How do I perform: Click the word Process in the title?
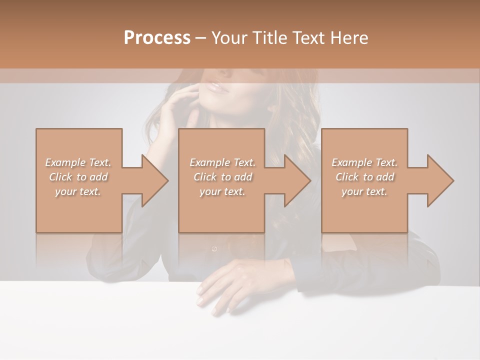[157, 38]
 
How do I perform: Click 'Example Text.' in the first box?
[78, 162]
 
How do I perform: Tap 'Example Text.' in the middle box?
[222, 162]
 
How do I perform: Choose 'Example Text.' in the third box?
[364, 162]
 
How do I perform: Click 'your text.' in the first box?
[78, 191]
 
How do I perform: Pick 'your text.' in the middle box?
[222, 191]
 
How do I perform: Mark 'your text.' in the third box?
[364, 191]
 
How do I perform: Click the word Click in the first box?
[60, 177]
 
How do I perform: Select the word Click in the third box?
[347, 177]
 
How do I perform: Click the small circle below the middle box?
[214, 248]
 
